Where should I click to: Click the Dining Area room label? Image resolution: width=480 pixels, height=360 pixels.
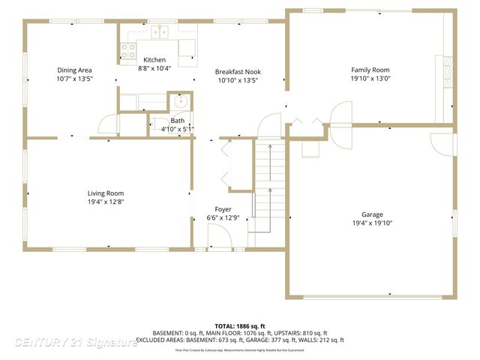[74, 70]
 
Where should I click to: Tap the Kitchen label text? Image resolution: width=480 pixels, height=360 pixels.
[154, 59]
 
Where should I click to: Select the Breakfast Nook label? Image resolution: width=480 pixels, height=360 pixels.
[238, 72]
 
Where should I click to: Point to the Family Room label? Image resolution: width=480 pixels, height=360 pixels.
[370, 70]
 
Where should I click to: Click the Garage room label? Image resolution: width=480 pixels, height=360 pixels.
[373, 214]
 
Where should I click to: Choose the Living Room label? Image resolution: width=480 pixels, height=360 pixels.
[105, 193]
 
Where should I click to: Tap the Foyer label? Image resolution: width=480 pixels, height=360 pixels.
[223, 209]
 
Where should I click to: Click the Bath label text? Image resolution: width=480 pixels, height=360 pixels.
[177, 120]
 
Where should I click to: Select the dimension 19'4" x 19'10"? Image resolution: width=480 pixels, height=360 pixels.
[373, 223]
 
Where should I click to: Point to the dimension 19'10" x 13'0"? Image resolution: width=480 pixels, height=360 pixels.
[370, 79]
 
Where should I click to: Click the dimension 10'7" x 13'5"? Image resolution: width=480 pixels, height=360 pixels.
[74, 79]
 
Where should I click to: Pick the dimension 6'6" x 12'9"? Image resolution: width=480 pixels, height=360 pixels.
[223, 218]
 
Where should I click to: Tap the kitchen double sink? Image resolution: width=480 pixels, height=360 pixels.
[159, 31]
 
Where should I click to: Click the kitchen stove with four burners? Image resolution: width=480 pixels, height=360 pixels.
[127, 50]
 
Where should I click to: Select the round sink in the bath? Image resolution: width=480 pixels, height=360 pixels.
[181, 102]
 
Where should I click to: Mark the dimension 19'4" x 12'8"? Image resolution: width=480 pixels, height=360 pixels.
[105, 201]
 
